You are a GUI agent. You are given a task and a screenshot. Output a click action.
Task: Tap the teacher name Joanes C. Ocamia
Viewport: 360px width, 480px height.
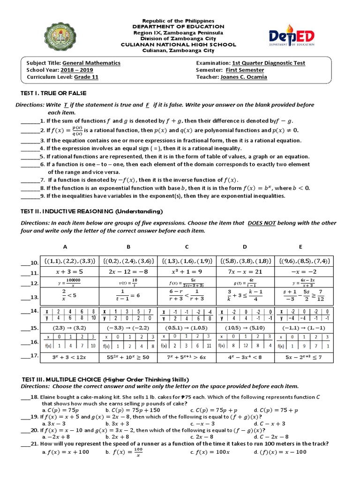pos(244,77)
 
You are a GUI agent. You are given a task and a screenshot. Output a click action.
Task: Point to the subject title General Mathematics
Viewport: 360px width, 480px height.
pos(91,63)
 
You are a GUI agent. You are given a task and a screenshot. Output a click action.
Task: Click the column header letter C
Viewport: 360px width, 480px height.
pos(187,247)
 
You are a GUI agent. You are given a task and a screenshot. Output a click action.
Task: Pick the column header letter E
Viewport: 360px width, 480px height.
pos(300,247)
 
